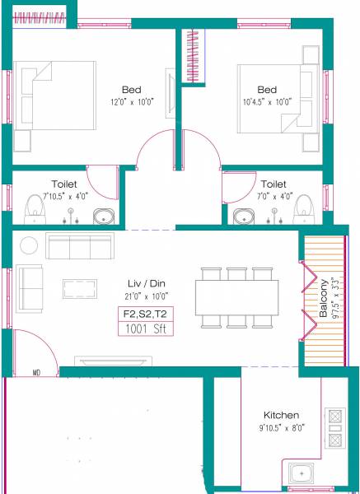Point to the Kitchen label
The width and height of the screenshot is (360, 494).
click(281, 415)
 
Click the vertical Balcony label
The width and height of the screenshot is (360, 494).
click(324, 300)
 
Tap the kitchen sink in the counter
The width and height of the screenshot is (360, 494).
click(302, 473)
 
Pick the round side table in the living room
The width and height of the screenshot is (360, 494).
click(30, 245)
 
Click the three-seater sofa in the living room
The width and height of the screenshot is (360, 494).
click(79, 246)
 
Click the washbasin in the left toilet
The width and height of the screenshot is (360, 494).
click(104, 217)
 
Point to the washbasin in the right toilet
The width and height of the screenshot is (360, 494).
click(244, 217)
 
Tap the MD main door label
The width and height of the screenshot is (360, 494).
click(37, 372)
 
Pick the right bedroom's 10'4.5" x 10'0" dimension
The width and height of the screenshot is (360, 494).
click(268, 102)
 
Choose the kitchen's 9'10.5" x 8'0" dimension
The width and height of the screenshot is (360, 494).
click(281, 428)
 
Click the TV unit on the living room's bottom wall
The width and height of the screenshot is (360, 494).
click(113, 361)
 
